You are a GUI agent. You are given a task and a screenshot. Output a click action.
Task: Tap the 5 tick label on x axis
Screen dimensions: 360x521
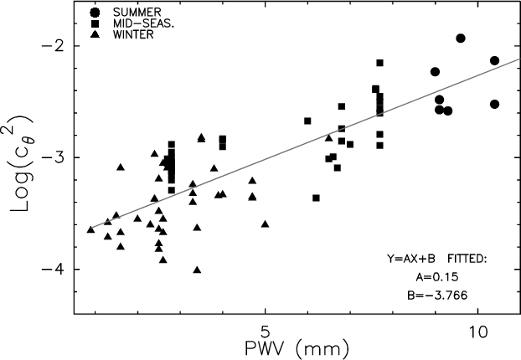click(265, 328)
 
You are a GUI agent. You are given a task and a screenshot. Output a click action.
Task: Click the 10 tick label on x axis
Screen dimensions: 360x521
click(477, 328)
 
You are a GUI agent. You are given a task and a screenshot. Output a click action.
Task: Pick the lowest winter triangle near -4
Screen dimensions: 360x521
click(197, 270)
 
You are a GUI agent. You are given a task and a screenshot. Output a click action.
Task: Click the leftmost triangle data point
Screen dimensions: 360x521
click(90, 229)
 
